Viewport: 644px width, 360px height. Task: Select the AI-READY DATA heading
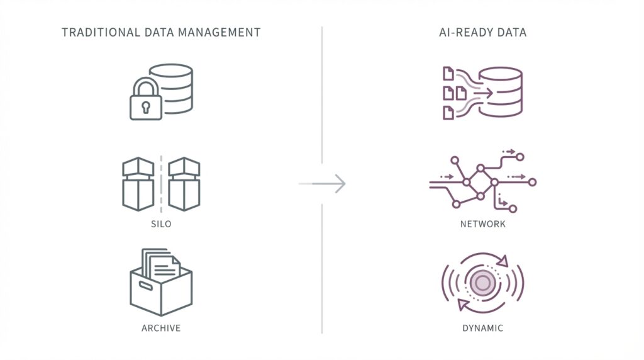(x=482, y=32)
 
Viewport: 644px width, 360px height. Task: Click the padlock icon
(x=145, y=101)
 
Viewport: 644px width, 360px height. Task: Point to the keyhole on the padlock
(x=145, y=106)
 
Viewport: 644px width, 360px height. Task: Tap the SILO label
(x=160, y=224)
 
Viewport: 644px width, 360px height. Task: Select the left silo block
(x=137, y=184)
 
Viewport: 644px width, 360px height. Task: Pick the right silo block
(x=184, y=184)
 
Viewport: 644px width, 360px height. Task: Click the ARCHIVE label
(x=160, y=329)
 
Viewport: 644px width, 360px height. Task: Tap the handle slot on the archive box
(x=145, y=286)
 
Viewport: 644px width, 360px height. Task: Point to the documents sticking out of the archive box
(x=161, y=262)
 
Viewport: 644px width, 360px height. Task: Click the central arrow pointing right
(x=323, y=184)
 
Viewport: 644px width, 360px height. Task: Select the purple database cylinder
(x=501, y=91)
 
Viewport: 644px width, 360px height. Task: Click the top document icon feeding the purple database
(x=448, y=74)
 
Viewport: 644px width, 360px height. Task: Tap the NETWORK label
(x=482, y=224)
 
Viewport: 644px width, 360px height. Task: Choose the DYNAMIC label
(x=482, y=329)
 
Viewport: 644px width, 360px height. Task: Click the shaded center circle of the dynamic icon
(x=482, y=283)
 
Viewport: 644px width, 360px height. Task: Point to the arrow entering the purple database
(x=480, y=93)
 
